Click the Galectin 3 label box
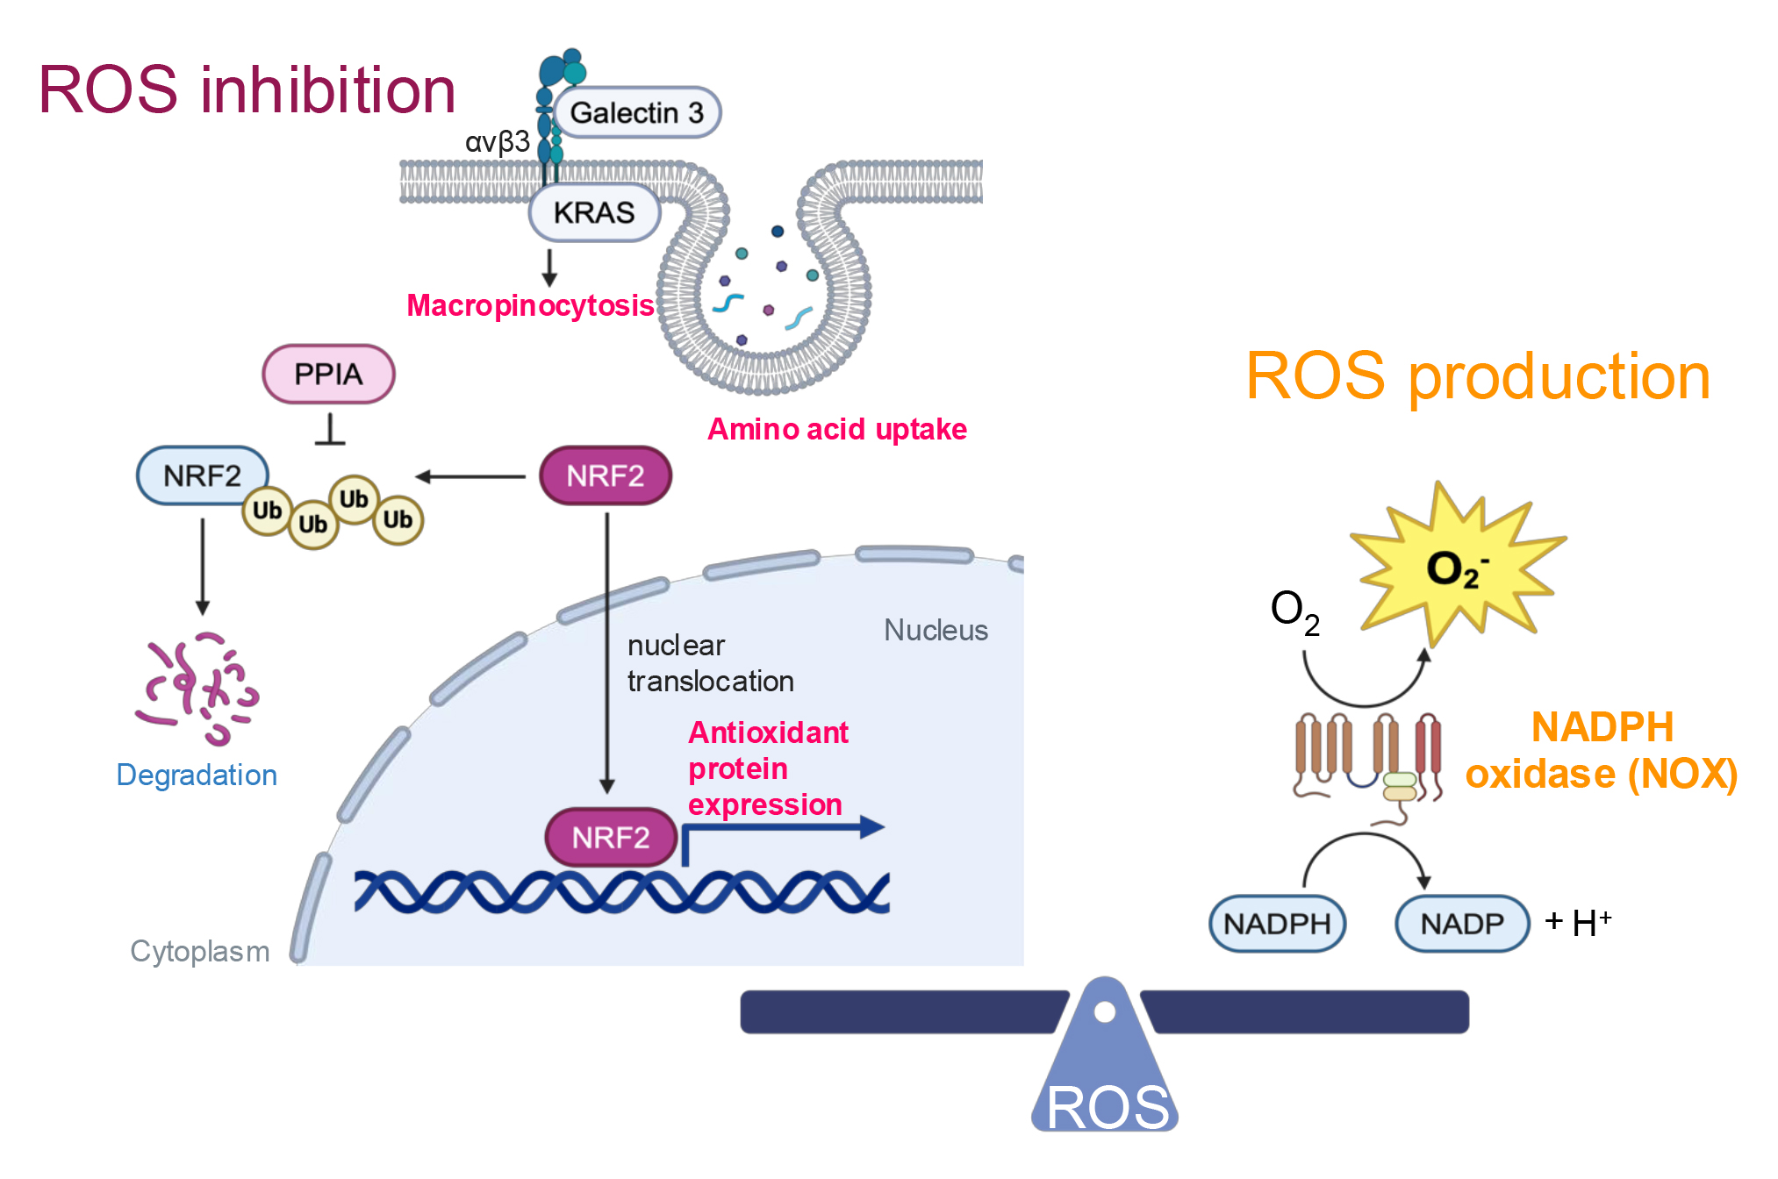click(637, 112)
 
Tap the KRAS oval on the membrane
click(594, 212)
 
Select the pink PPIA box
click(328, 374)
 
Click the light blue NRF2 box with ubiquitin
click(203, 475)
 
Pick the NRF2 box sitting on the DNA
click(611, 838)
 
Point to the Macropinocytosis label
click(530, 305)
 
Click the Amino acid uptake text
click(837, 429)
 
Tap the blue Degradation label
click(197, 775)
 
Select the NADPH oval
click(1277, 924)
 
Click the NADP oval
click(1462, 924)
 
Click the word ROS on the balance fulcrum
click(1108, 1107)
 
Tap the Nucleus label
click(936, 630)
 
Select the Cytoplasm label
click(200, 951)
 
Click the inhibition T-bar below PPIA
click(330, 431)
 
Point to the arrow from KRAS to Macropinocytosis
click(549, 268)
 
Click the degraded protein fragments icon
click(198, 689)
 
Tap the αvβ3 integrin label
click(497, 141)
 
